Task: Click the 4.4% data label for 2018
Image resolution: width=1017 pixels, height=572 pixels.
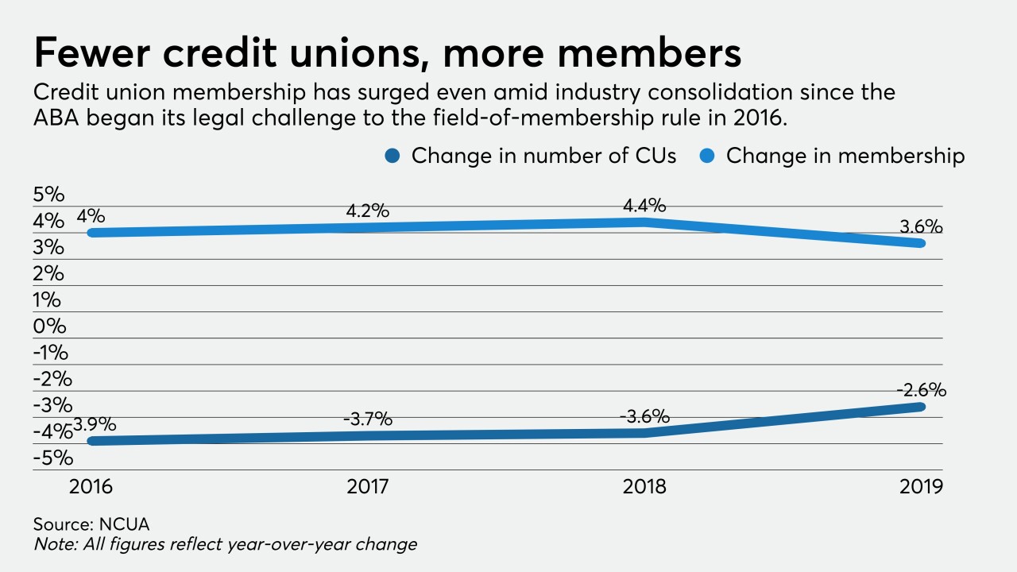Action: coord(644,206)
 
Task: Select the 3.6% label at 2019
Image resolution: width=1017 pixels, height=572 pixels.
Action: coord(922,226)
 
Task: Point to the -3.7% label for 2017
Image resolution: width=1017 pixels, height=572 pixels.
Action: coord(368,419)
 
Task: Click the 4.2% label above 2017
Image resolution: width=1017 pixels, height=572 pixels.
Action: coord(368,211)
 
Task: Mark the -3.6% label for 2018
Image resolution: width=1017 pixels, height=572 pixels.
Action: coord(644,416)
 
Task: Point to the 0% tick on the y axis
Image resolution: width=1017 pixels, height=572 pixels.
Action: coord(49,326)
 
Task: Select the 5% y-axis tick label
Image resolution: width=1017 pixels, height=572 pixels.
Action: coord(49,195)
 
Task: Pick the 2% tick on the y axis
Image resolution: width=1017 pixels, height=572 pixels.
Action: coord(49,273)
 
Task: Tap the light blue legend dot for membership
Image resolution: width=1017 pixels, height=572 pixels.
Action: coord(710,156)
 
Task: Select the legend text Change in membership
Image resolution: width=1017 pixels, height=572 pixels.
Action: coord(845,156)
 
